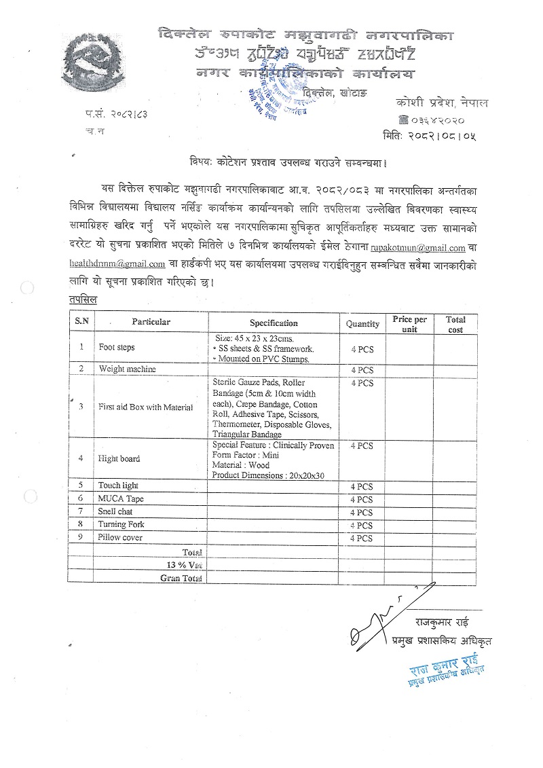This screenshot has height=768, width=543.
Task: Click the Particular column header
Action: [151, 322]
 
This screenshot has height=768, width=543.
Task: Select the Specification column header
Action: [274, 323]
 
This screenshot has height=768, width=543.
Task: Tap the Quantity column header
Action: [362, 324]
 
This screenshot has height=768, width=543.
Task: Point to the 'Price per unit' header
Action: [409, 324]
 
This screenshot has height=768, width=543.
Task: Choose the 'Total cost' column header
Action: [455, 324]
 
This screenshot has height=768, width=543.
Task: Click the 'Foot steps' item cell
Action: [117, 348]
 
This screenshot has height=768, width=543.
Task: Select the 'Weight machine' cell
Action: [127, 369]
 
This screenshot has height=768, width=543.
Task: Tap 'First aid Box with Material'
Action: [145, 407]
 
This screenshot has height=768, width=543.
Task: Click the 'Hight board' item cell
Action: [119, 458]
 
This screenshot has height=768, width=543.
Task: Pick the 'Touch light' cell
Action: [118, 486]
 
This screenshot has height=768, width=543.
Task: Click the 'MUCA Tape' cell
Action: [120, 499]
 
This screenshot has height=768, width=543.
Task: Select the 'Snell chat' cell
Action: [115, 511]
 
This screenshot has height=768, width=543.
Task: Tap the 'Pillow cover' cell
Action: [120, 537]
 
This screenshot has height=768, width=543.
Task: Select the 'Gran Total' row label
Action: [181, 578]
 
